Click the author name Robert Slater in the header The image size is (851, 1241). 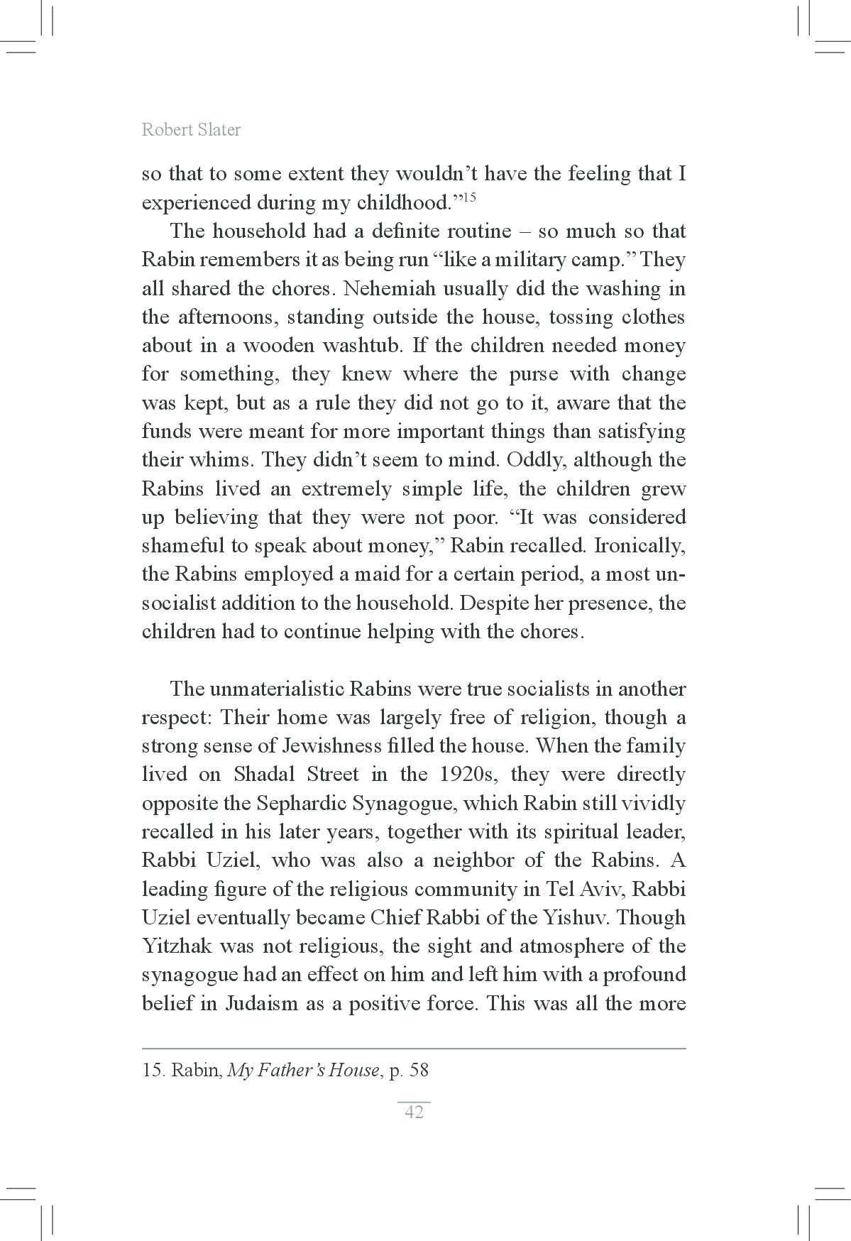[191, 130]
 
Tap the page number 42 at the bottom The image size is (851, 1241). [414, 1112]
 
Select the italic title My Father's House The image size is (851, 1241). [303, 1070]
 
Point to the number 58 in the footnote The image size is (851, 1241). [419, 1070]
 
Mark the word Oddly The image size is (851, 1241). [537, 460]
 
